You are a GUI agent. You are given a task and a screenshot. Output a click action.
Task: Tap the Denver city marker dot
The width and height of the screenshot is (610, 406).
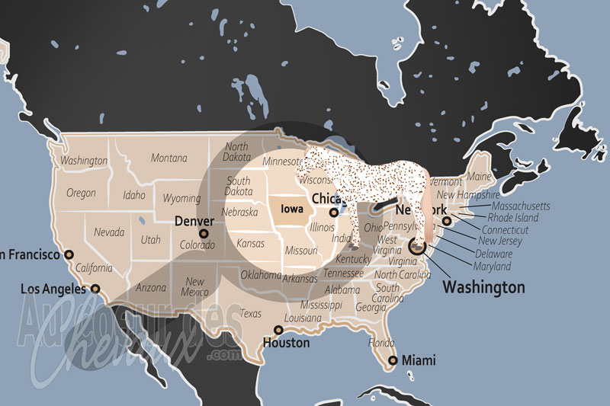(x=203, y=234)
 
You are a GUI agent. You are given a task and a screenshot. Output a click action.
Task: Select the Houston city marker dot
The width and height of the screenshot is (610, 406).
(x=278, y=331)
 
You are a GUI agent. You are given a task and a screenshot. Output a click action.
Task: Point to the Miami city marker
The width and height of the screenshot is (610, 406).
(x=392, y=360)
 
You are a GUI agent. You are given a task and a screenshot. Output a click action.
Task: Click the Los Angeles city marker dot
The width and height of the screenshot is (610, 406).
(x=95, y=289)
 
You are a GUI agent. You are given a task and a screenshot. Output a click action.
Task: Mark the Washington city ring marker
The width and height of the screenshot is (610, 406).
(x=418, y=246)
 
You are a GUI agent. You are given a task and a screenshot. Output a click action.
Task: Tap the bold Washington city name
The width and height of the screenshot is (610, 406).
(x=483, y=287)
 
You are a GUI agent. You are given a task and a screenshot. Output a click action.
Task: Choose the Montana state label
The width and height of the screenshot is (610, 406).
(x=169, y=158)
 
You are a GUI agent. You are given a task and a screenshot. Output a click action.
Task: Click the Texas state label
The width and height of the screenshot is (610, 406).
(x=250, y=313)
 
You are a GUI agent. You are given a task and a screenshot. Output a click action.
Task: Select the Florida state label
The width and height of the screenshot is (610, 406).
(x=381, y=343)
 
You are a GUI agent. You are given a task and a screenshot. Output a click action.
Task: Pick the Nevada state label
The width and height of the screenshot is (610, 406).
(x=110, y=232)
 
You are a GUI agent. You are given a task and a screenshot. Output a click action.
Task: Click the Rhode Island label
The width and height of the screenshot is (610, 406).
(x=512, y=218)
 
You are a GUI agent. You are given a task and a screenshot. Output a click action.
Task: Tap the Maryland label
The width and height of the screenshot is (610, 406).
(x=492, y=266)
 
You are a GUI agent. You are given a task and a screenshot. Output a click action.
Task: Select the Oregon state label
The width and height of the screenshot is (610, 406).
(x=81, y=193)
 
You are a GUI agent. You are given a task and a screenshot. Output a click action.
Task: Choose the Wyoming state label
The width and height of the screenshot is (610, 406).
(x=181, y=198)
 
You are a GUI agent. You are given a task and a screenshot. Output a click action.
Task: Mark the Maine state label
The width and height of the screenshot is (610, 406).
(x=479, y=177)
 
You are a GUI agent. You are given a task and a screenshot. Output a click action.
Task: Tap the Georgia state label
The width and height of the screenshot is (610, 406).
(x=371, y=308)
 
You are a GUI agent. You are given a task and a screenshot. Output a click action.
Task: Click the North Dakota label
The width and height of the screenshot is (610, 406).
(x=236, y=152)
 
